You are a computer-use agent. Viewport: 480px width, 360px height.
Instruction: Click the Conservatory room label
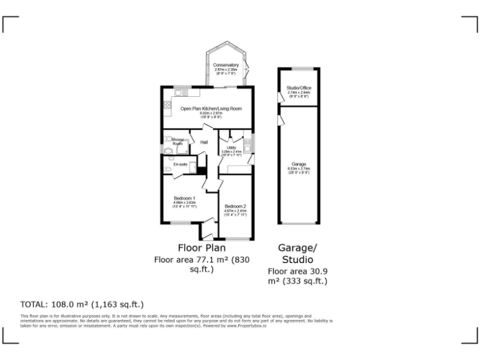(225, 65)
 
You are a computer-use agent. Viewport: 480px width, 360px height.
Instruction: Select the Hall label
(204, 142)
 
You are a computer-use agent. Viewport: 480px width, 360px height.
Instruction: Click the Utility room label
(231, 147)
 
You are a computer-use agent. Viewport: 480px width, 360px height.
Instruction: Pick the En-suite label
(181, 164)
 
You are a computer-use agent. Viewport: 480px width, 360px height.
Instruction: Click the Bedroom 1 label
(185, 198)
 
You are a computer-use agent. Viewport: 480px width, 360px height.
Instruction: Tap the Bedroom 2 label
(236, 206)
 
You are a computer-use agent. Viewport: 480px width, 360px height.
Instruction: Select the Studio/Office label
(299, 88)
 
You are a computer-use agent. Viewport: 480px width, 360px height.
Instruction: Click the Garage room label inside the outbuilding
(299, 164)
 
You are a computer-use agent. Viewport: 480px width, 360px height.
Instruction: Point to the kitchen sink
(181, 93)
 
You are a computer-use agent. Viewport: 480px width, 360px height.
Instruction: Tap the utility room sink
(247, 146)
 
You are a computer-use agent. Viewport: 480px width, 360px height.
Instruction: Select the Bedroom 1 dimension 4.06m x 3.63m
(185, 202)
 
